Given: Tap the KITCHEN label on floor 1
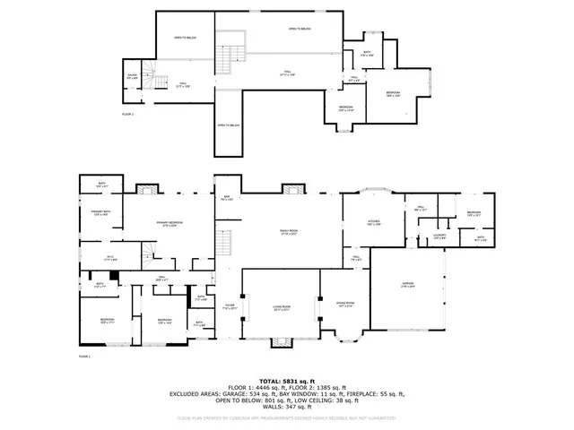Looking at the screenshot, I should pyautogui.click(x=374, y=221).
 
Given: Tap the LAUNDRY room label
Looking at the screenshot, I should pyautogui.click(x=439, y=236).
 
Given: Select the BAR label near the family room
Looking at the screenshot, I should pyautogui.click(x=227, y=199).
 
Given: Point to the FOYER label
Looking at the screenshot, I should pyautogui.click(x=230, y=306).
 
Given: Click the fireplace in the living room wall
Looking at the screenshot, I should pyautogui.click(x=282, y=341).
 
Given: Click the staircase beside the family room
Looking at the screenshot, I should pyautogui.click(x=228, y=241).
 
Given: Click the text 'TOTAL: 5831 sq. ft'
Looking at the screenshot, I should pyautogui.click(x=286, y=381).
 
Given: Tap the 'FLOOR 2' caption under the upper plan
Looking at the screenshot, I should pyautogui.click(x=127, y=114).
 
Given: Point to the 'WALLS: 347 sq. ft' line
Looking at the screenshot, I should pyautogui.click(x=286, y=408).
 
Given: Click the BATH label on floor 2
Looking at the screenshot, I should pyautogui.click(x=367, y=53).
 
